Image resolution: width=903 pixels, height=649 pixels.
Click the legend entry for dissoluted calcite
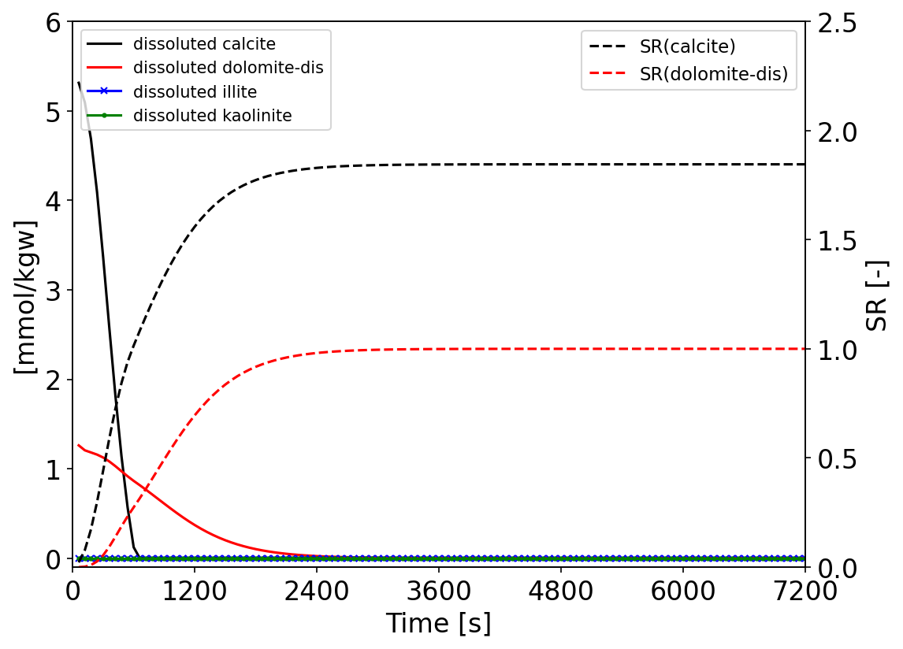204,44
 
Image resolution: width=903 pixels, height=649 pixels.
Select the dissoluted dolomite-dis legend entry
228,68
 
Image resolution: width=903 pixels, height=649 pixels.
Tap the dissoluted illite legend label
195,91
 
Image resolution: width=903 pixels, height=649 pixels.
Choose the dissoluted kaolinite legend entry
212,116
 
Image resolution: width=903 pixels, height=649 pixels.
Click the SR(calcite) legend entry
687,46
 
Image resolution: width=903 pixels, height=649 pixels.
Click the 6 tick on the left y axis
53,22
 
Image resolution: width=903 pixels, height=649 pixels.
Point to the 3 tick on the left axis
53,291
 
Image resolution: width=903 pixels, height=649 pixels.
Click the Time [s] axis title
438,624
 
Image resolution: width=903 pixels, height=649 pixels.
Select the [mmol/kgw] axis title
25,296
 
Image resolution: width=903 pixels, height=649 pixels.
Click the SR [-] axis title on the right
876,295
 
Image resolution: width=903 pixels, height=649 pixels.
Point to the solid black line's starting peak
78,82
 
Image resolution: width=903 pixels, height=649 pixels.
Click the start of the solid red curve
78,445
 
